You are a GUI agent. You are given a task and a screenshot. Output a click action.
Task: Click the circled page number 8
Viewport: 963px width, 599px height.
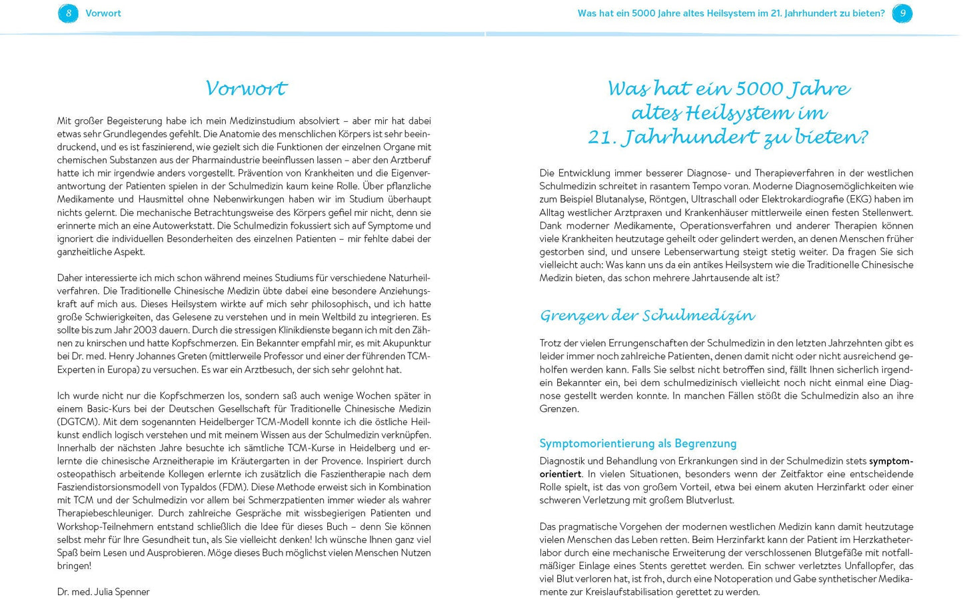coord(68,13)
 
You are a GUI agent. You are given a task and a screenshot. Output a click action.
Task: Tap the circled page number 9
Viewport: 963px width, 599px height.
coord(902,13)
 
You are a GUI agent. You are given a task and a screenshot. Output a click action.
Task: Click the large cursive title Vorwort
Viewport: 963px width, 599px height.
coord(245,88)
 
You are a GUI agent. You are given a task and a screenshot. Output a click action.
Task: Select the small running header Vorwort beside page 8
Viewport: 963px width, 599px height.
coord(103,13)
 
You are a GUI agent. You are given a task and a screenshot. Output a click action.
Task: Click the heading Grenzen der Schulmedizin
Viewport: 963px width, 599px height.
coord(647,315)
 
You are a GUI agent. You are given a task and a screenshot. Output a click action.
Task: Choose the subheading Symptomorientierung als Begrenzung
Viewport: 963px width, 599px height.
coord(638,443)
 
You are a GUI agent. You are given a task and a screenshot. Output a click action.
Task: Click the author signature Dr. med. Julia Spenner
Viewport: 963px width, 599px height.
coord(103,592)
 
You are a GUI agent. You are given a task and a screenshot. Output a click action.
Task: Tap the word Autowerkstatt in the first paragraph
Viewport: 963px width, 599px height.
coord(185,225)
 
